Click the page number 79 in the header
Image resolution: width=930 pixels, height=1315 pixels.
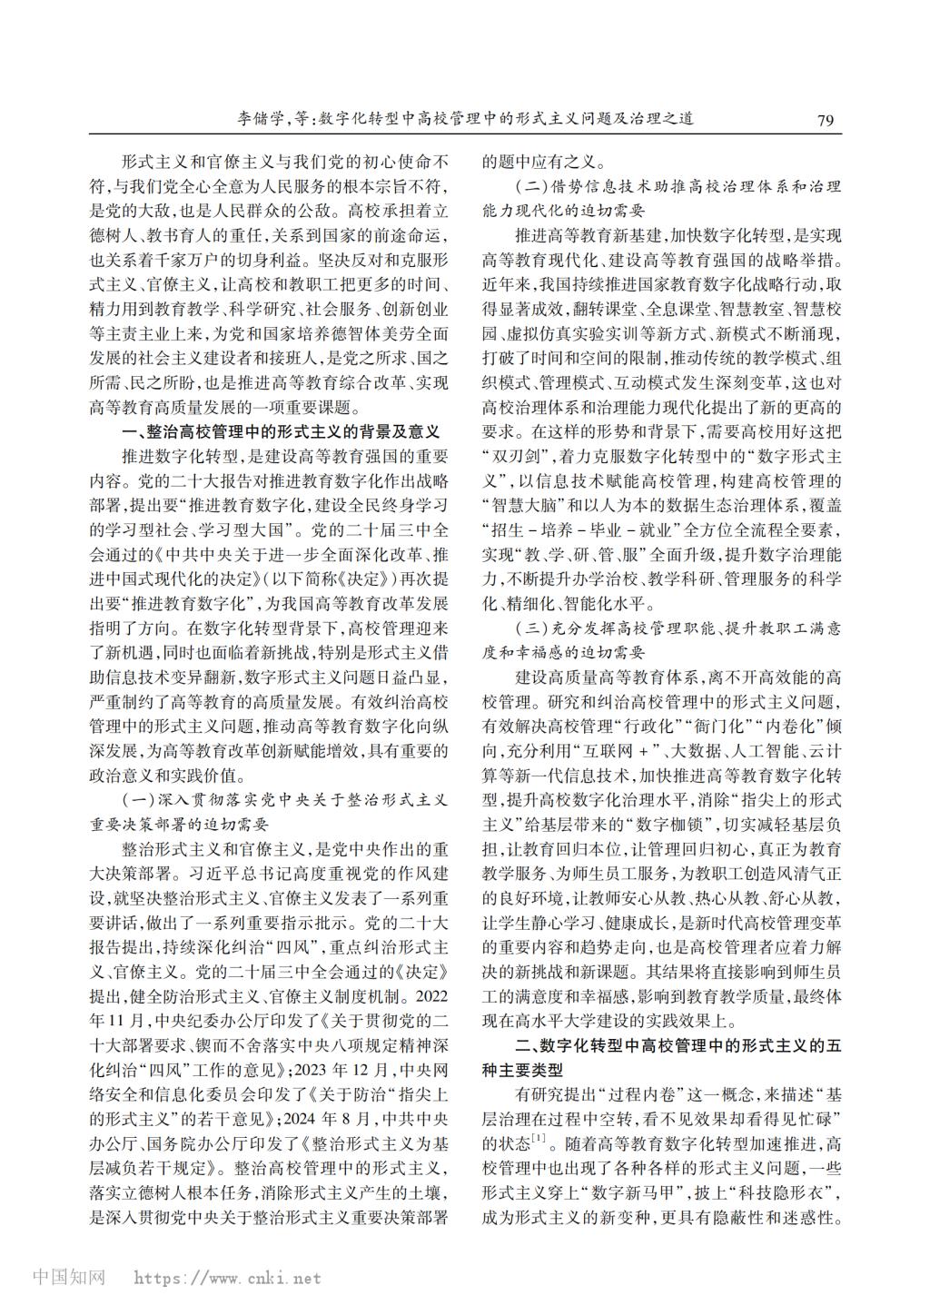pos(826,120)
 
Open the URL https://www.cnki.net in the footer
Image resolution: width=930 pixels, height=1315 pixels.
pos(227,1279)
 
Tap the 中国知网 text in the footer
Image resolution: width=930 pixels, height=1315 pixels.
pos(69,1278)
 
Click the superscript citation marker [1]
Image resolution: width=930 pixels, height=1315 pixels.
pos(539,1135)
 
